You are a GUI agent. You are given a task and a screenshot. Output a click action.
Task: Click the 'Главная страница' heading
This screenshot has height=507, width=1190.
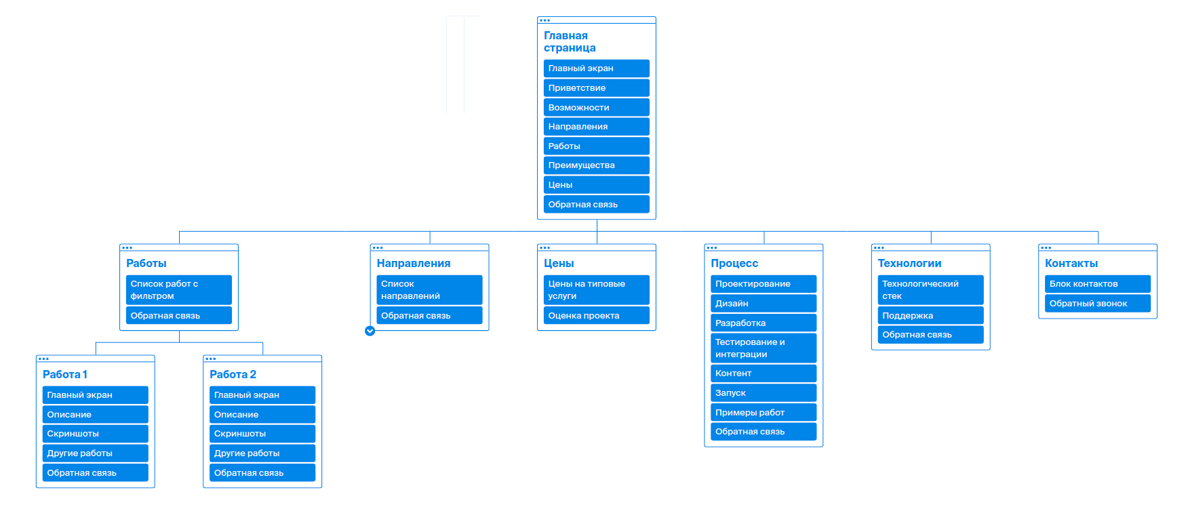pyautogui.click(x=570, y=41)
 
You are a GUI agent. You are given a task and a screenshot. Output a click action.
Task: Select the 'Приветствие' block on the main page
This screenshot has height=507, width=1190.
pyautogui.click(x=596, y=88)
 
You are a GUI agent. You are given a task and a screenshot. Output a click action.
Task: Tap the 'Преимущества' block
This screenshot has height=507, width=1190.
pyautogui.click(x=596, y=165)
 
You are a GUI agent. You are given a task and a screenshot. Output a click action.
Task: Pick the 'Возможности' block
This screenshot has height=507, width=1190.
pyautogui.click(x=596, y=107)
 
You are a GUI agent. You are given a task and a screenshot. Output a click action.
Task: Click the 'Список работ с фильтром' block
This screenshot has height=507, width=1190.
pyautogui.click(x=178, y=289)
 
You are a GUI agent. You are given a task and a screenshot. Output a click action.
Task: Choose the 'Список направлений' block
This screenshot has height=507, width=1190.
pyautogui.click(x=429, y=289)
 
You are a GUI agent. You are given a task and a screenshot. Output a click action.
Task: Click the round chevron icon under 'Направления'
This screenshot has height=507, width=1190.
pyautogui.click(x=370, y=331)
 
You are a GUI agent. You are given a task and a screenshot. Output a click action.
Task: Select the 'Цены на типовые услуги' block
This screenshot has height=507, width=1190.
pyautogui.click(x=596, y=289)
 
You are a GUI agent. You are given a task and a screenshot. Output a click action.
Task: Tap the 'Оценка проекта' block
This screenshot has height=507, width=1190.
pyautogui.click(x=596, y=316)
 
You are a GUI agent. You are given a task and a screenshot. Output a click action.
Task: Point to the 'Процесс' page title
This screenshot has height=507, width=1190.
pyautogui.click(x=734, y=263)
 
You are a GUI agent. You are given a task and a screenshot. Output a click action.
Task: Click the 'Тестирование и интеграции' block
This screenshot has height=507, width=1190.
pyautogui.click(x=763, y=348)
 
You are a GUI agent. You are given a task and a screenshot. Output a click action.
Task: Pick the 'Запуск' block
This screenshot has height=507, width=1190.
pyautogui.click(x=763, y=392)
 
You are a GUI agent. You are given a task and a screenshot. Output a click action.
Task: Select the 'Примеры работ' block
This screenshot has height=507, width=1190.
pyautogui.click(x=763, y=412)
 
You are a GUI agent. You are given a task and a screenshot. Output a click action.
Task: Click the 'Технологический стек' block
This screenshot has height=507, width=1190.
pyautogui.click(x=930, y=289)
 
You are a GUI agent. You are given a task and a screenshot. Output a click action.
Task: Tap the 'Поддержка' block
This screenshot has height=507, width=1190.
pyautogui.click(x=930, y=316)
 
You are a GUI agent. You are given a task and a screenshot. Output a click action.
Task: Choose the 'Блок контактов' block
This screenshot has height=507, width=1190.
pyautogui.click(x=1097, y=284)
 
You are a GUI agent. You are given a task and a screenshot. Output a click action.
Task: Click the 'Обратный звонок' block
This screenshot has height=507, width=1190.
pyautogui.click(x=1097, y=304)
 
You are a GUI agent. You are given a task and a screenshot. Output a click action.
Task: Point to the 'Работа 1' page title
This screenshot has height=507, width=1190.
pyautogui.click(x=65, y=374)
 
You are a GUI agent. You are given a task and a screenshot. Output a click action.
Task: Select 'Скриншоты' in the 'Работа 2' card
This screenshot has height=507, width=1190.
pyautogui.click(x=262, y=434)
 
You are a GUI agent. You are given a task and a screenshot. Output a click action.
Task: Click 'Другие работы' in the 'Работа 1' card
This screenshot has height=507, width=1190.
pyautogui.click(x=95, y=453)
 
